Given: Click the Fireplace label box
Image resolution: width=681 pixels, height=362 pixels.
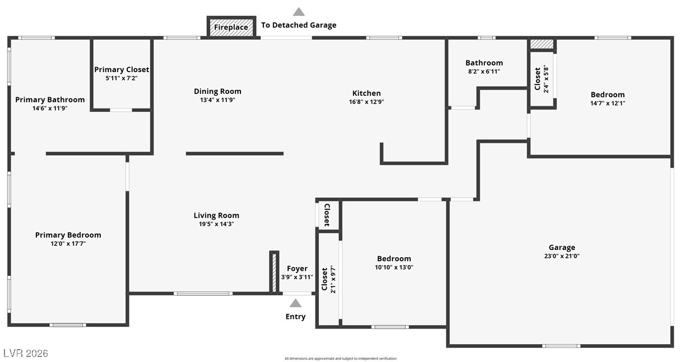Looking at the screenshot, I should (231, 27).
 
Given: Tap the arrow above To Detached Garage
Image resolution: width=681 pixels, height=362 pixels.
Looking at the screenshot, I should (299, 12).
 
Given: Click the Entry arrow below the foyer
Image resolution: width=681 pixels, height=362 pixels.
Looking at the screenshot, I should (295, 303).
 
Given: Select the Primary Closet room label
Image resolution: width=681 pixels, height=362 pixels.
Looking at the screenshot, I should (122, 69).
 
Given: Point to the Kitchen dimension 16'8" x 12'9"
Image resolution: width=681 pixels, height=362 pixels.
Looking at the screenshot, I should (366, 102).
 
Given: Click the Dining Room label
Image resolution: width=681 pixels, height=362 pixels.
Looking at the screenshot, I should (217, 91).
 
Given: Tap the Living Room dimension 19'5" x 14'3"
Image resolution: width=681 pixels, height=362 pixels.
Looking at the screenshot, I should (216, 224).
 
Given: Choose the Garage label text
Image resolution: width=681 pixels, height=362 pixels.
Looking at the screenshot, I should (562, 247).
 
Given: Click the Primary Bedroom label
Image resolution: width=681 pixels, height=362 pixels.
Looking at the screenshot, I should (68, 235).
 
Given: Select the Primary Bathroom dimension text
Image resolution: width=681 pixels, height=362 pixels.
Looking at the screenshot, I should (50, 109).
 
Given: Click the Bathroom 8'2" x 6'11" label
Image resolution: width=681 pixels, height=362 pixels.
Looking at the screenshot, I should (484, 67).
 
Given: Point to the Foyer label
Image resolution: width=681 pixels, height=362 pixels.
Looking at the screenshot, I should (297, 269).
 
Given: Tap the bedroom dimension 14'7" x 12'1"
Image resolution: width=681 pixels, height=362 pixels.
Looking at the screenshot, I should (608, 103).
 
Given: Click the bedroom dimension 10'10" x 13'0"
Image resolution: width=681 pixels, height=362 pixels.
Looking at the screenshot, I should (394, 267).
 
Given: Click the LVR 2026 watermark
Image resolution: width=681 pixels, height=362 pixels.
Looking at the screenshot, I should (26, 353).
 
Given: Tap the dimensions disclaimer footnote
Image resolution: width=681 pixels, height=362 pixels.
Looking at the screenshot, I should (340, 359).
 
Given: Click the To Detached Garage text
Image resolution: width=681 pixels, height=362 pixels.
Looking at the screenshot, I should (299, 25).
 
